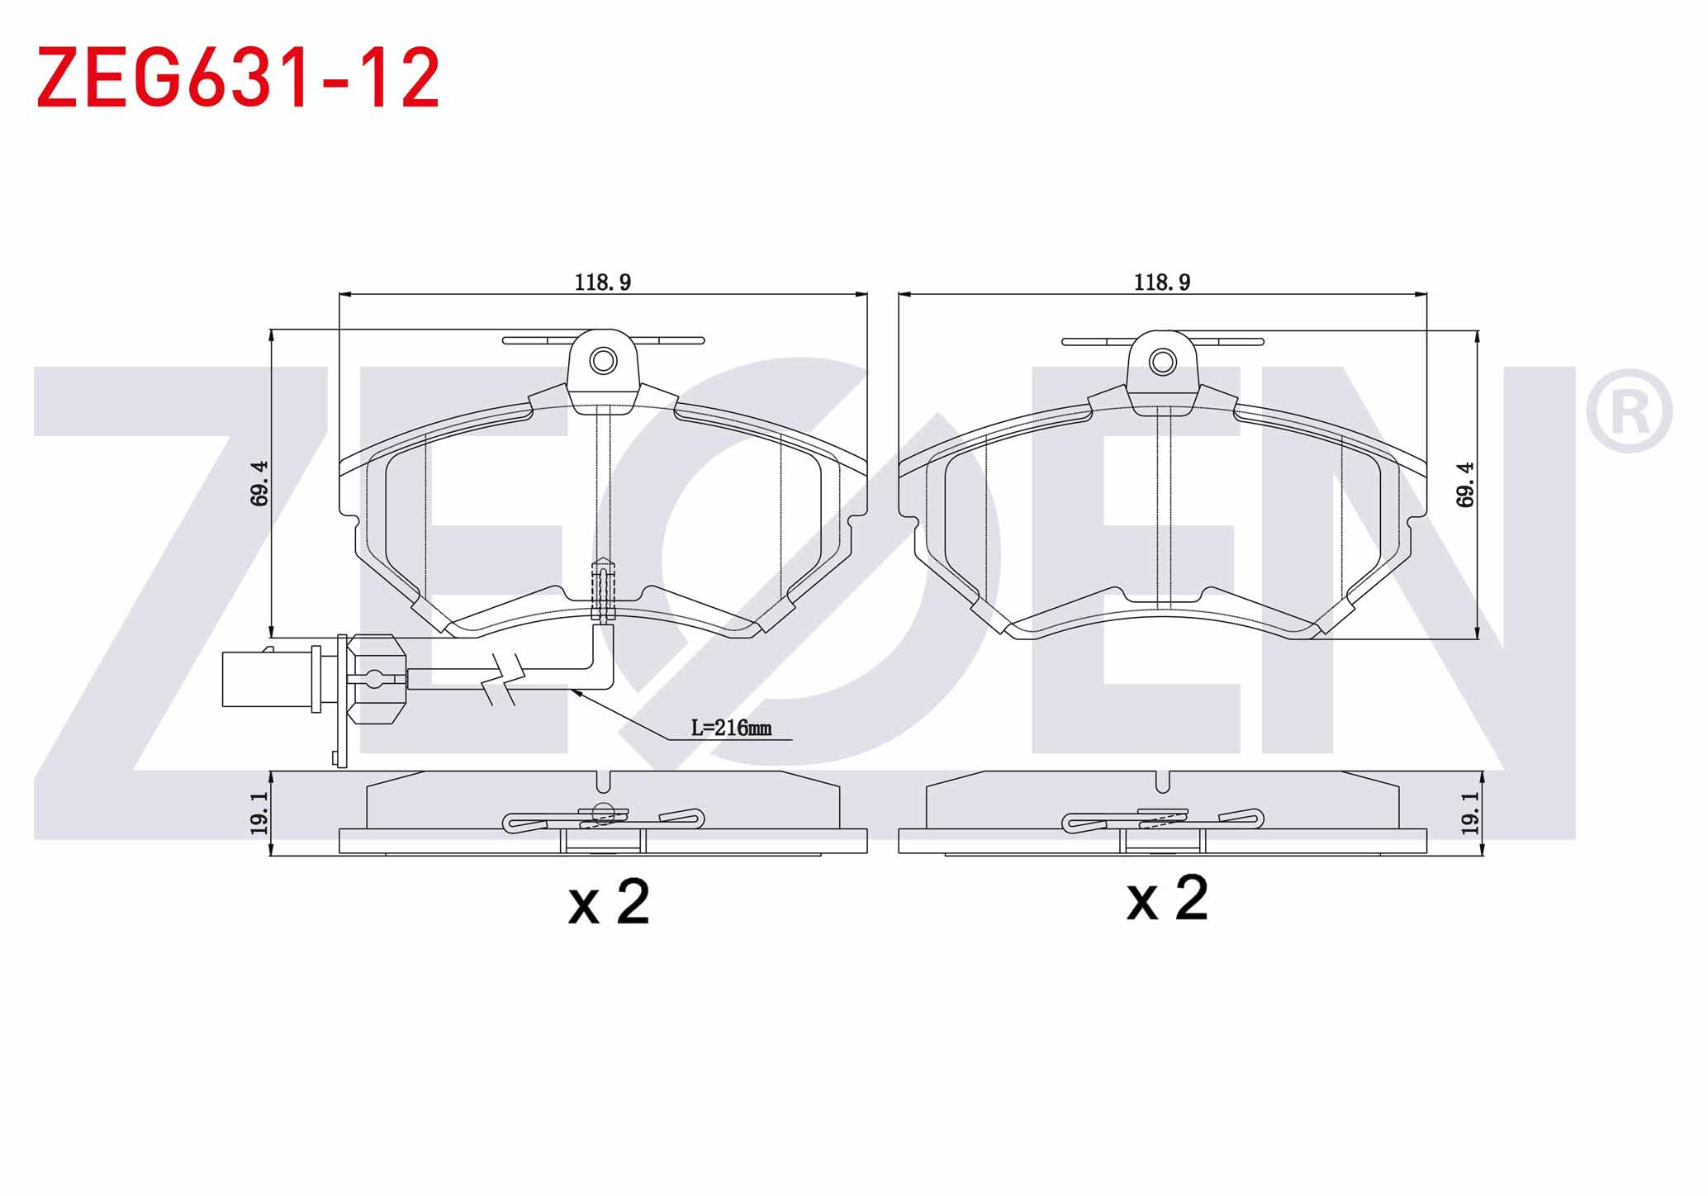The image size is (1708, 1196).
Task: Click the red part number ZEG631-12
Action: click(238, 78)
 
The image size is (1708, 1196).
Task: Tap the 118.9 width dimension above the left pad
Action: click(603, 282)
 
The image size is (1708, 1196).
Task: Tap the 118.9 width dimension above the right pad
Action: click(1162, 282)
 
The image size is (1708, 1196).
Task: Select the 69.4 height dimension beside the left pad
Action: click(259, 483)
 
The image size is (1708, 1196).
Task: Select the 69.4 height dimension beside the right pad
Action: click(1465, 484)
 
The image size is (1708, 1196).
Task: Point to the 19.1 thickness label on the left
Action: click(259, 813)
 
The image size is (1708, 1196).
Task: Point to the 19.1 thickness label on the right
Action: click(1469, 813)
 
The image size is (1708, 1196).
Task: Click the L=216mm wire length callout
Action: click(731, 728)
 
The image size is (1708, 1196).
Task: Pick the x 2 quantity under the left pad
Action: click(610, 902)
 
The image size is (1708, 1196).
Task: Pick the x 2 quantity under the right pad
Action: click(1168, 899)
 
